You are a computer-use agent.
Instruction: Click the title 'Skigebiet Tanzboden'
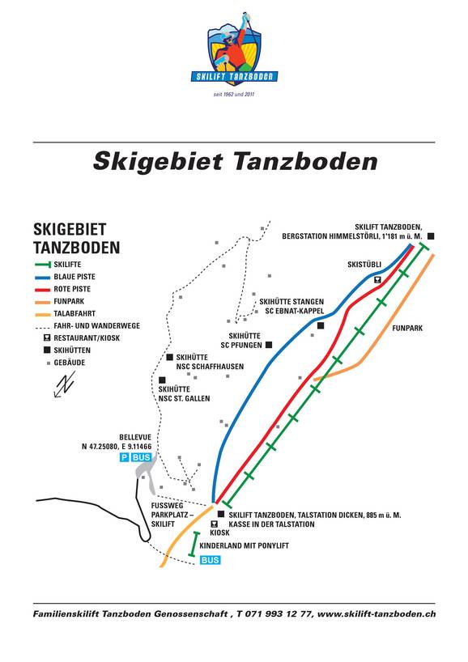pos(235,161)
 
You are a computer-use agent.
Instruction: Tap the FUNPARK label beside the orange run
pos(407,329)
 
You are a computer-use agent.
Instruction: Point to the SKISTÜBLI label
pos(364,265)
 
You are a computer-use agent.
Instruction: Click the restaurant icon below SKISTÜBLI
pos(377,278)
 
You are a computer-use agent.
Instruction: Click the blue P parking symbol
pos(124,458)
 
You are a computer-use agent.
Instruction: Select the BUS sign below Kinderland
pos(210,560)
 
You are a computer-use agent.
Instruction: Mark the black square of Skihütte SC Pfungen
pos(268,345)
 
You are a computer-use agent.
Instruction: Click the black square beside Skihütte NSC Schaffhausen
pos(169,357)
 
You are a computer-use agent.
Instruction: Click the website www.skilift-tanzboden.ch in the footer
pos(377,615)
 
